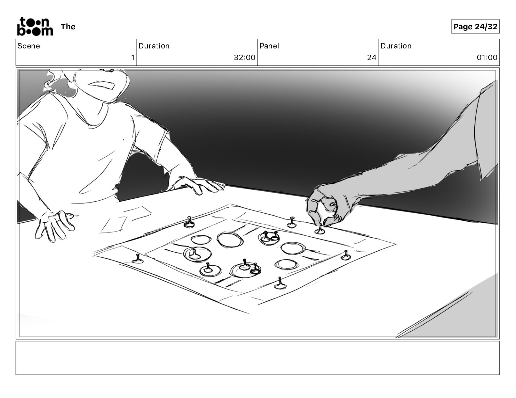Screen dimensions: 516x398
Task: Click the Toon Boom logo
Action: click(x=35, y=26)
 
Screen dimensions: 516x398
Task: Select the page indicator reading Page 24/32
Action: click(x=475, y=27)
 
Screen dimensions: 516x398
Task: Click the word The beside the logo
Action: click(x=68, y=27)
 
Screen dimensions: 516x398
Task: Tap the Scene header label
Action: click(x=29, y=46)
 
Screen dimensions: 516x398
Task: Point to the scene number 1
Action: click(x=133, y=57)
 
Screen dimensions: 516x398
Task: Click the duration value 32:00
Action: click(x=244, y=57)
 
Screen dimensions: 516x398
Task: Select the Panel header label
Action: click(x=269, y=46)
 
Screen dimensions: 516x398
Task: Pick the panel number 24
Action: click(x=372, y=57)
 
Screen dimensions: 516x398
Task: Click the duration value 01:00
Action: click(x=487, y=57)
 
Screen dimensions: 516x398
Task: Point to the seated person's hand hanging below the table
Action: click(x=55, y=225)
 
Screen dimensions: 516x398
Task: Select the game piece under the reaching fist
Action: click(x=320, y=230)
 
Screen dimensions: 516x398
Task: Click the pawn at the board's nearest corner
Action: click(x=280, y=284)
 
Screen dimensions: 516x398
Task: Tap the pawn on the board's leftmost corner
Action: click(x=138, y=259)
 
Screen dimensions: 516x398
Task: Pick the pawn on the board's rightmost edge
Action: click(x=346, y=256)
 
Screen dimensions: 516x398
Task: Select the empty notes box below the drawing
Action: click(x=258, y=358)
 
